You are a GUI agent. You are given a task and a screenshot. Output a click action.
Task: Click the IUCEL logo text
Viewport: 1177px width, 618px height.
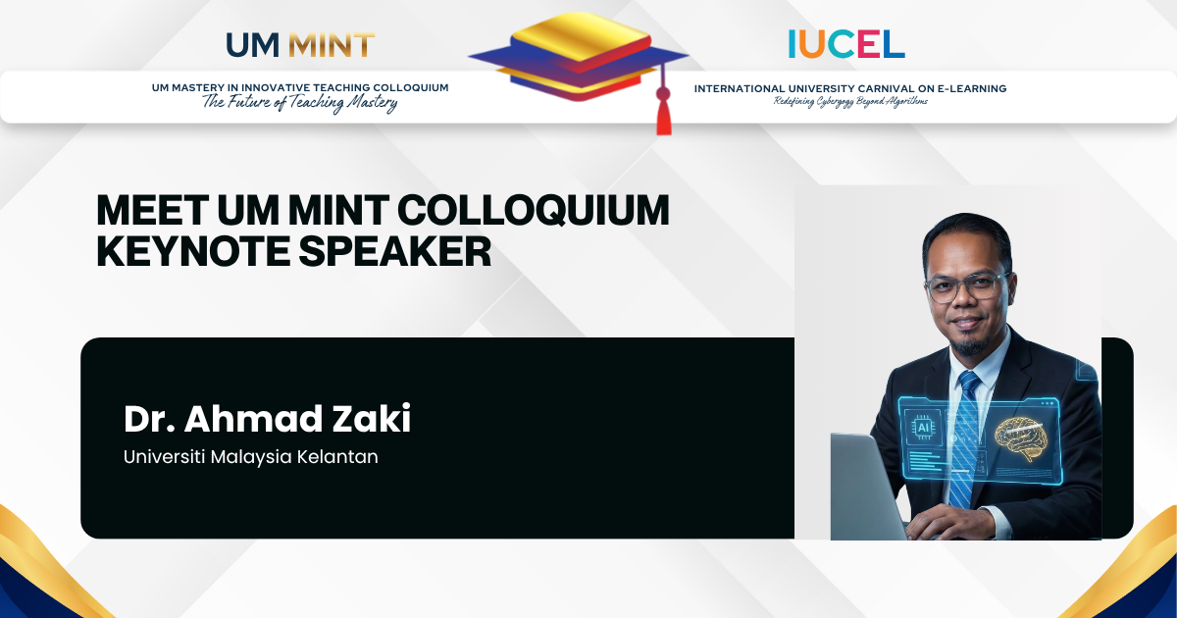point(846,43)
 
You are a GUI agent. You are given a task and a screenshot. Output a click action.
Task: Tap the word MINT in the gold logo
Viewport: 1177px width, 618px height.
point(332,45)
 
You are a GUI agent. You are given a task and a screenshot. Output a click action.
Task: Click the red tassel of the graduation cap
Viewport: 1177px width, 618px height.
point(664,113)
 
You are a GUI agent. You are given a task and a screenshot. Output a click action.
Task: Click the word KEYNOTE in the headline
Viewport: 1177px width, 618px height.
point(193,251)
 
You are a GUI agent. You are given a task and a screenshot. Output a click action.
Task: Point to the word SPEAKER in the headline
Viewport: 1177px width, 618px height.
point(395,251)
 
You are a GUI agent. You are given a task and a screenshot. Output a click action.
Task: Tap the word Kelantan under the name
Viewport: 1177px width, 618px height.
point(337,457)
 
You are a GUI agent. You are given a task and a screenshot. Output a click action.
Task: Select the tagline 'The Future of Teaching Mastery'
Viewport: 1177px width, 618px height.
point(300,102)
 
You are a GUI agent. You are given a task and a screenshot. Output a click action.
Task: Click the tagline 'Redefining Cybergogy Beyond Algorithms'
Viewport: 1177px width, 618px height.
point(850,101)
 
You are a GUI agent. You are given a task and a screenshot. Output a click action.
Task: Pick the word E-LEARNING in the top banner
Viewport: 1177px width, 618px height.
point(972,89)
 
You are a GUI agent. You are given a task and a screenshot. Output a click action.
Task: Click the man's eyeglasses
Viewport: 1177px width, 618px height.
point(968,287)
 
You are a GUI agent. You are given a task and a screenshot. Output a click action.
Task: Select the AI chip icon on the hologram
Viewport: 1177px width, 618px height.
point(923,428)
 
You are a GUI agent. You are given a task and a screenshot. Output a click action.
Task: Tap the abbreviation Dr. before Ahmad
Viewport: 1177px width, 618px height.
point(149,419)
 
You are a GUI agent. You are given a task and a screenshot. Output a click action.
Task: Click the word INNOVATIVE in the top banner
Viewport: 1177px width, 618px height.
point(276,87)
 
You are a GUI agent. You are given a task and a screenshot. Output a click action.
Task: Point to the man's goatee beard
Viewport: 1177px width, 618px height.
point(970,344)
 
